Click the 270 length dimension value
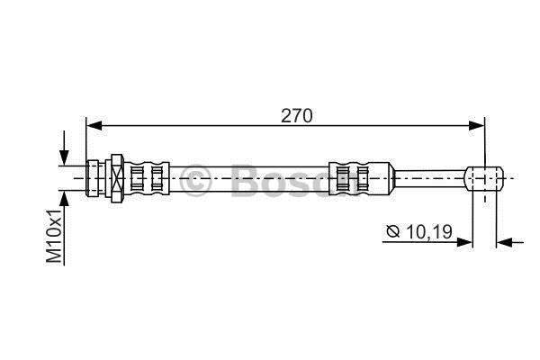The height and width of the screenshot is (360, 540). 296,116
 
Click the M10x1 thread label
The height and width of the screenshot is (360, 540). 54,236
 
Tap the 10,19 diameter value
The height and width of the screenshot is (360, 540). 429,232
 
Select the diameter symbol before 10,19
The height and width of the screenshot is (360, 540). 393,231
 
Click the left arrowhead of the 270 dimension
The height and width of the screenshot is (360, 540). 94,126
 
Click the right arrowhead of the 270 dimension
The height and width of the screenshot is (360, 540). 476,126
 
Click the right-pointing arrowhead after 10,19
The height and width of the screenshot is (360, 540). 464,242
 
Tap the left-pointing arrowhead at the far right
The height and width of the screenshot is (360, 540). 504,242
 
